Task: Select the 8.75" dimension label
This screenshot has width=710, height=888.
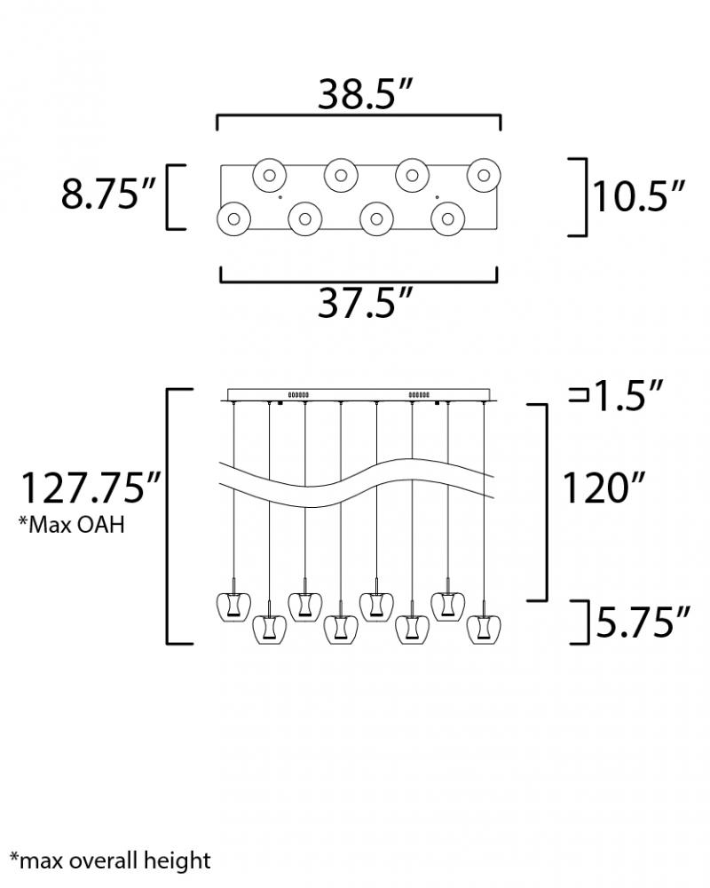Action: point(107,194)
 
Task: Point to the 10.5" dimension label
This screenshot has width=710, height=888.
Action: point(638,196)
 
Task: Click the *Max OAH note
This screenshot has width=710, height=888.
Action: point(71,525)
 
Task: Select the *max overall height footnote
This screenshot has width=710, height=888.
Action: point(110,860)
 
